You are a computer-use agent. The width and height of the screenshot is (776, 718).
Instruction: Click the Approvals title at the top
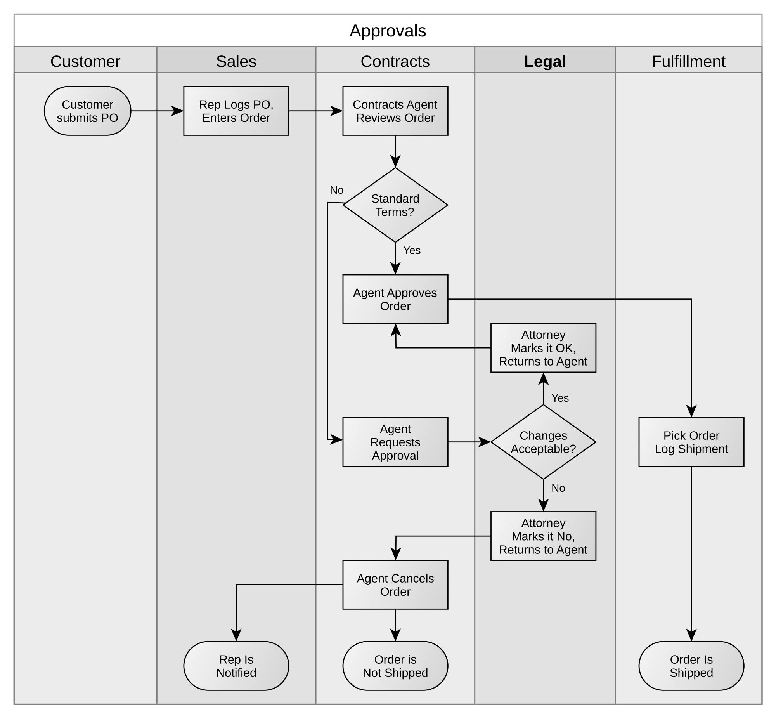click(388, 31)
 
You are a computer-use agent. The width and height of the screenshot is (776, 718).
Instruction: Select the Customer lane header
click(85, 61)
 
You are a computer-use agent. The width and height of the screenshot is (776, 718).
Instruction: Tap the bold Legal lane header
click(544, 61)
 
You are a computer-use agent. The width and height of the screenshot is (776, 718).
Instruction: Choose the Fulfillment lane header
click(688, 61)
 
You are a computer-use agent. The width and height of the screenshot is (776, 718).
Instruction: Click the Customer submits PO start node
click(87, 111)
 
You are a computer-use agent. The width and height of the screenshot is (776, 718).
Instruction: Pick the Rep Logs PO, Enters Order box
click(236, 111)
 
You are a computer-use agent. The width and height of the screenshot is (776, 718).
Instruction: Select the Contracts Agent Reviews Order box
click(395, 111)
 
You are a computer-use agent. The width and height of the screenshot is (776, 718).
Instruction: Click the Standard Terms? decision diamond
click(395, 205)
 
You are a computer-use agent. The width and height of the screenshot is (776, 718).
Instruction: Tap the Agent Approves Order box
click(395, 299)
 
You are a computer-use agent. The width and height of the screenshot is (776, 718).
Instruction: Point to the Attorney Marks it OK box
click(543, 348)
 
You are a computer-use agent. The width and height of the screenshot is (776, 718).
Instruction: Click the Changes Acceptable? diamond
click(543, 442)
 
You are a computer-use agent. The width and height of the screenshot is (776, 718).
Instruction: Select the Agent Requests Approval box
click(395, 442)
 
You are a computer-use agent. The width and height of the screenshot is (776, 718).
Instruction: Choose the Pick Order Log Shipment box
click(691, 442)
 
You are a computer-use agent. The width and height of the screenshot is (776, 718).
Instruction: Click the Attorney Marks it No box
click(543, 536)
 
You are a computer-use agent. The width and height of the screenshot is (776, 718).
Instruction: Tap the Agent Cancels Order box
click(395, 585)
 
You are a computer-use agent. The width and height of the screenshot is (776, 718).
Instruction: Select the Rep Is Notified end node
click(236, 666)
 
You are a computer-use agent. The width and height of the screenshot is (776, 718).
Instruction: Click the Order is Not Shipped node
click(395, 666)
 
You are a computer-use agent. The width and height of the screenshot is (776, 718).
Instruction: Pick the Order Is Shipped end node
click(691, 666)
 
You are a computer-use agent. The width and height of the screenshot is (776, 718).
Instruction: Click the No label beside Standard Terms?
click(336, 190)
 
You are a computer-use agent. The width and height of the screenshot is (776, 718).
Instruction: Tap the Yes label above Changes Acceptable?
click(559, 398)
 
